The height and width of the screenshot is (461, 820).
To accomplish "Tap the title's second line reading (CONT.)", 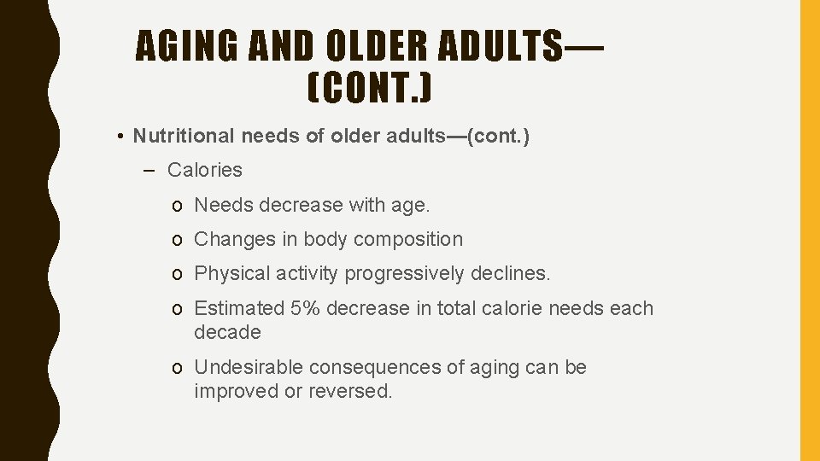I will [x=369, y=88].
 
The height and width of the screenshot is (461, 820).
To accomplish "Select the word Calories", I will [x=205, y=170].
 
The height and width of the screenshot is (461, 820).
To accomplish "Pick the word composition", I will [x=408, y=240].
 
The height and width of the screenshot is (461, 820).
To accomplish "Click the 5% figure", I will [x=306, y=308].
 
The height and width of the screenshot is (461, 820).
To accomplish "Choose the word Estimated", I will [x=239, y=308].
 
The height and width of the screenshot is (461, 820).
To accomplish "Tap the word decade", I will [x=227, y=332].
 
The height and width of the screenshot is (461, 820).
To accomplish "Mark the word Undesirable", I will [x=249, y=367].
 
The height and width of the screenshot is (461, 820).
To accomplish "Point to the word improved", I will [x=231, y=391].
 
